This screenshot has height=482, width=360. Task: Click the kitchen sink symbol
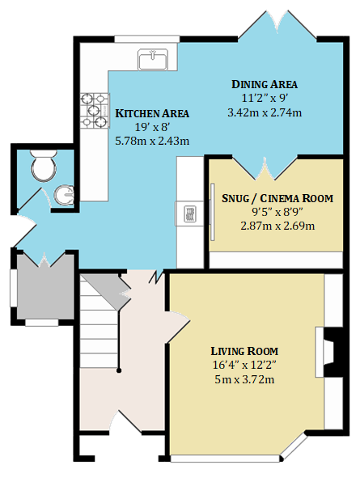153,59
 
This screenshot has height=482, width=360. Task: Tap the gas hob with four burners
95,110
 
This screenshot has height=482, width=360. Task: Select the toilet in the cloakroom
44,165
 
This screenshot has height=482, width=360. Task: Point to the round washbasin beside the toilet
65,195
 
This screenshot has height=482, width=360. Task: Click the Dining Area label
265,84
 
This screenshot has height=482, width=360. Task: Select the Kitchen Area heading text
152,113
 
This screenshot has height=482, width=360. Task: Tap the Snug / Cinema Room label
277,198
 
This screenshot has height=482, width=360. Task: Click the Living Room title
244,351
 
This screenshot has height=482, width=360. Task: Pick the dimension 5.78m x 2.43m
152,141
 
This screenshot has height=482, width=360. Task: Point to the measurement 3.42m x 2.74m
265,112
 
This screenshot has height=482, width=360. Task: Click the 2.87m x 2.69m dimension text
277,226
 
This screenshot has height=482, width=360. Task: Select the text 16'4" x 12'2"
244,366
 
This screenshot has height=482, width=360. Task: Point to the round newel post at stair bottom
119,370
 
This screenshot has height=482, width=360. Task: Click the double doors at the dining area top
277,25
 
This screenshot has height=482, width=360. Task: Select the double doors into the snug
265,168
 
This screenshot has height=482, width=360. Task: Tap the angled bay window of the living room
294,447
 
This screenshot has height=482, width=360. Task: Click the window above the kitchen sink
147,39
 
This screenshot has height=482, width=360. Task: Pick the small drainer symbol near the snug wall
189,214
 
